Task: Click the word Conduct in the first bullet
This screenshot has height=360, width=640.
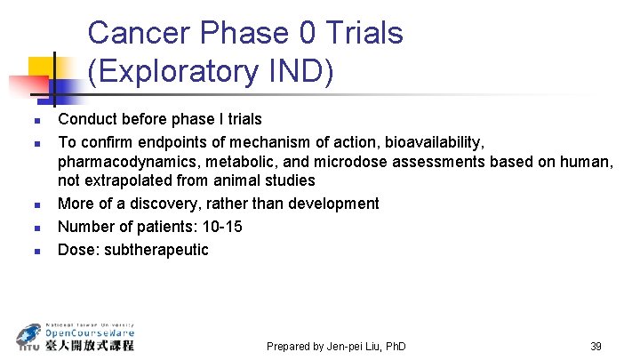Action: pos(86,118)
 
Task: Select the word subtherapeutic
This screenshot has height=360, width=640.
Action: pos(156,250)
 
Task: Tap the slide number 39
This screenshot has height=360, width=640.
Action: pos(596,346)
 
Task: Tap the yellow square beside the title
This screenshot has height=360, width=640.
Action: pos(41,69)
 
